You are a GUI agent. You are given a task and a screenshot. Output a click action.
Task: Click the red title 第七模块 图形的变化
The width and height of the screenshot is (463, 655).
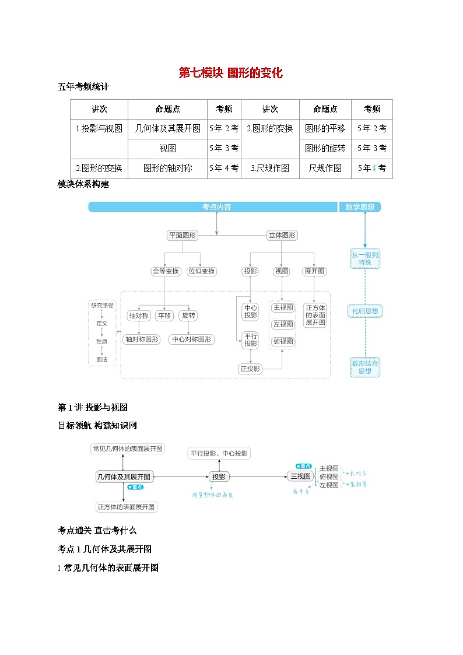coord(230,73)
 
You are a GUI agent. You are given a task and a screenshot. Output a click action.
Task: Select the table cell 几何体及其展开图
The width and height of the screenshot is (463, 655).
coord(167,128)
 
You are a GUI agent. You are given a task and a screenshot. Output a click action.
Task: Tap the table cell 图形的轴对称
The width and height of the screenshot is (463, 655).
coord(167,168)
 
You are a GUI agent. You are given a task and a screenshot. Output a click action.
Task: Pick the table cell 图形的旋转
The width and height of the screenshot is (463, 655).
coord(325,148)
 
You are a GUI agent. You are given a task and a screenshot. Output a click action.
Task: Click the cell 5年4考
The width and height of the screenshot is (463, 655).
coord(224,168)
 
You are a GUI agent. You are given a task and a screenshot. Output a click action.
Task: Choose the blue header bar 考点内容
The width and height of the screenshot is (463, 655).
coord(213,207)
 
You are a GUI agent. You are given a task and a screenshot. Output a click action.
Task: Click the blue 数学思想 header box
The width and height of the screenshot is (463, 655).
coord(360,207)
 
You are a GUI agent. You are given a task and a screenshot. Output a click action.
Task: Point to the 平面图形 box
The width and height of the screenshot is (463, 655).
coord(183,236)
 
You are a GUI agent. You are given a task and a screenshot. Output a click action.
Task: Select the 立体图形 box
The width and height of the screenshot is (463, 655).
coord(282,236)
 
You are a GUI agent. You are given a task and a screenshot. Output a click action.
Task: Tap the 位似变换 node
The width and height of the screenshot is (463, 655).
coord(201,271)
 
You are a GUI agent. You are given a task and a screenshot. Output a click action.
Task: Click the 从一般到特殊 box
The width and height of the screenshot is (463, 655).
coord(365,258)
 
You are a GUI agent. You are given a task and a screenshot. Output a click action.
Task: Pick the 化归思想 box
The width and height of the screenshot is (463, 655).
coord(365,311)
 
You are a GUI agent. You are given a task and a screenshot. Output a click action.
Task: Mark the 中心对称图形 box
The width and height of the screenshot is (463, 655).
coord(191,339)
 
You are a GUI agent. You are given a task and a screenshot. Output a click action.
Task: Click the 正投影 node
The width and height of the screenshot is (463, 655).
coord(251,368)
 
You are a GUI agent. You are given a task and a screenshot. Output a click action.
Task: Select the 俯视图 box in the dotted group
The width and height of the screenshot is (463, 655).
coord(283,341)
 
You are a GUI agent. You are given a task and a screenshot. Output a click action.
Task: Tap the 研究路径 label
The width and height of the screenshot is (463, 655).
coord(102,305)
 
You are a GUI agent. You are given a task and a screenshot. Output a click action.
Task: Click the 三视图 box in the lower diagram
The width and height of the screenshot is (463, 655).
coord(300,476)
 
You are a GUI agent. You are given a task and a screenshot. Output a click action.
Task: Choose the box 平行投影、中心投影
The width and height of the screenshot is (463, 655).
coord(219,453)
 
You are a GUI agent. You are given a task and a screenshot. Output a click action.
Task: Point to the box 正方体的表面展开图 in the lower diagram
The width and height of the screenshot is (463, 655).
coord(127,507)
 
